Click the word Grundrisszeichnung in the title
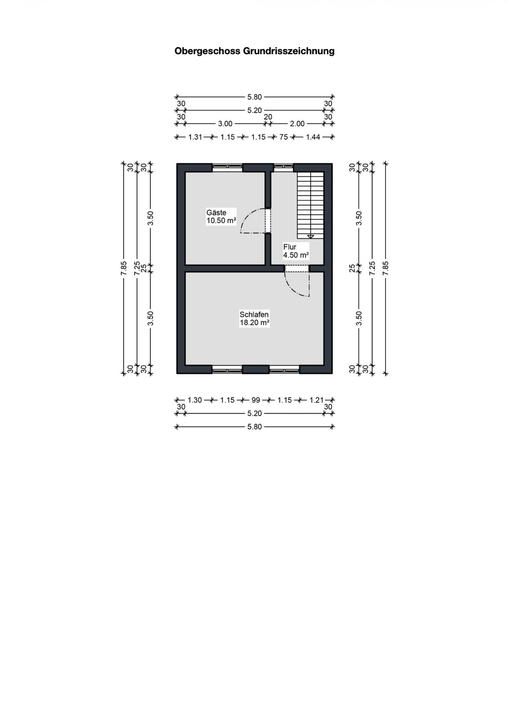tap(288, 51)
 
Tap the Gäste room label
tap(216, 212)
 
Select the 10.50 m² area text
tap(221, 220)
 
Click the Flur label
tap(290, 247)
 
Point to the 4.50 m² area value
tap(296, 255)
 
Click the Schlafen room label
tap(254, 314)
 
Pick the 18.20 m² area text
tap(254, 323)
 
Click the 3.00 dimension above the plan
tap(225, 124)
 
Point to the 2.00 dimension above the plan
tap(297, 124)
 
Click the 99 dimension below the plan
tap(256, 400)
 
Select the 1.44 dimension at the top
tap(313, 137)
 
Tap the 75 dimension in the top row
tap(283, 137)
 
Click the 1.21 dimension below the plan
tap(316, 400)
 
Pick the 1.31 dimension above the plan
tap(195, 137)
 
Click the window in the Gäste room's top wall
tap(227, 167)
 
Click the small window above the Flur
tap(283, 167)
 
